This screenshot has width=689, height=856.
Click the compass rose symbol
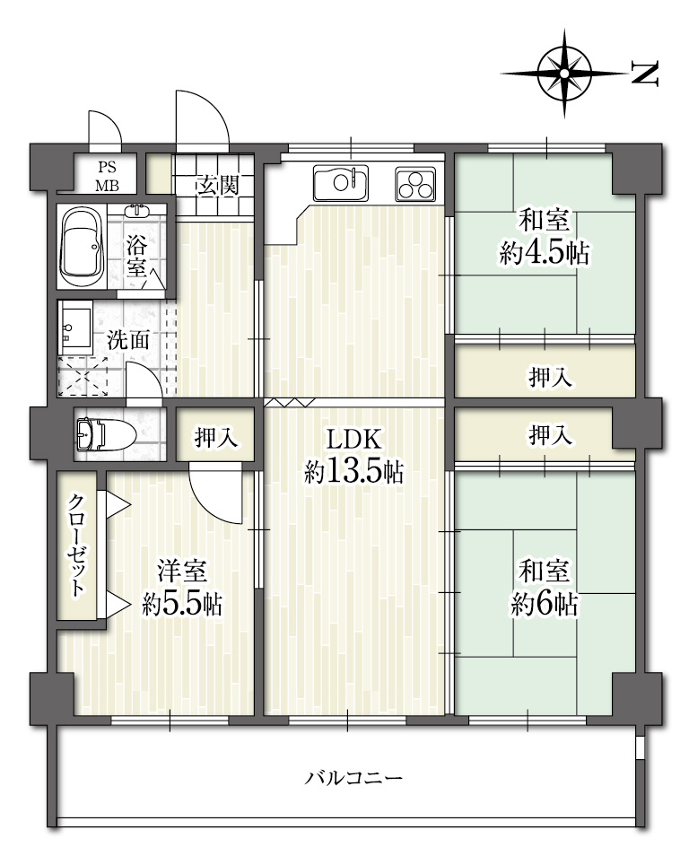click(x=564, y=74)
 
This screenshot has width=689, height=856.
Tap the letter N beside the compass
click(x=645, y=74)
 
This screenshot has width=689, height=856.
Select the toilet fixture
click(x=106, y=434)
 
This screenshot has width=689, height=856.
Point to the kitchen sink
click(x=341, y=182)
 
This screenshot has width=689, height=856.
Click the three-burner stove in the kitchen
click(x=416, y=183)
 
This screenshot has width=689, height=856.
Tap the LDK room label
click(x=353, y=439)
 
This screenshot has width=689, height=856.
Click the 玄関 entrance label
click(x=218, y=186)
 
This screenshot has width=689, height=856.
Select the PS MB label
click(x=108, y=177)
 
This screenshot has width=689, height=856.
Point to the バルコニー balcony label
click(x=353, y=777)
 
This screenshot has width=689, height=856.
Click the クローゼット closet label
click(x=77, y=546)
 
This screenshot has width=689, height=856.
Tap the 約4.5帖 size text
click(x=545, y=253)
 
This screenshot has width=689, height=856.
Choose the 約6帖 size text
click(x=545, y=605)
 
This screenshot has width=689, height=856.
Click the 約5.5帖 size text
click(x=182, y=605)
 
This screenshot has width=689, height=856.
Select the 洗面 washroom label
click(x=127, y=340)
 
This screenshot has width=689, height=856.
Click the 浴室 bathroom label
click(x=136, y=257)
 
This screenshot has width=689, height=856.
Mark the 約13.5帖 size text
click(x=353, y=471)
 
